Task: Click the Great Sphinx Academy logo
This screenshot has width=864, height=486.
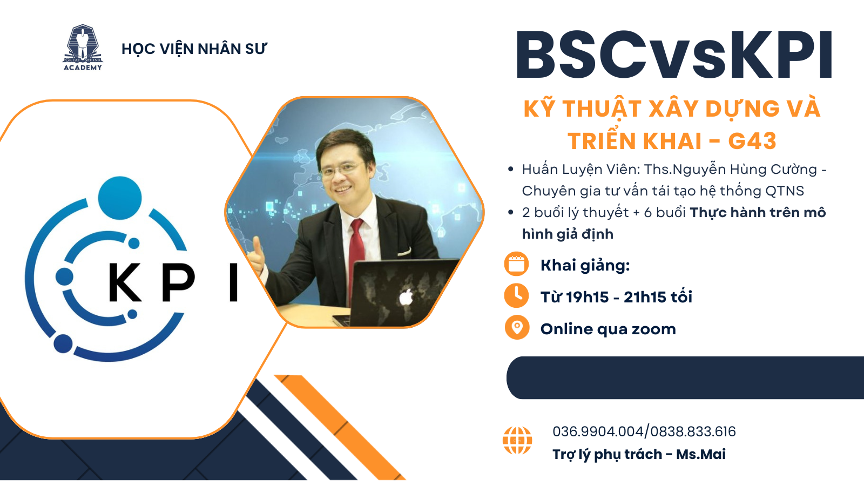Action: (x=83, y=48)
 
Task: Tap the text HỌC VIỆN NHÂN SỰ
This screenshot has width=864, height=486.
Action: (x=194, y=49)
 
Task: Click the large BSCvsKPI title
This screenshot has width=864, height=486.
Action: (x=674, y=55)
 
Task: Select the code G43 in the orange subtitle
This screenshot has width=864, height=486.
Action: (x=752, y=141)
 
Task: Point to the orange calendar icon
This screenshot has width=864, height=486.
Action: (x=516, y=264)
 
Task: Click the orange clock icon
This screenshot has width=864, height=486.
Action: (x=516, y=295)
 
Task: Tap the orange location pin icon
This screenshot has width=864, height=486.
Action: (x=517, y=327)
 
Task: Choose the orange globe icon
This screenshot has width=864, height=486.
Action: (x=517, y=440)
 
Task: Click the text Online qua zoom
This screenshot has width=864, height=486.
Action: (x=608, y=329)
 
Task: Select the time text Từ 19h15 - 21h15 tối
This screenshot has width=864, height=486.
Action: (x=616, y=297)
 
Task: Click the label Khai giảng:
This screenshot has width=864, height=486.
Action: (x=585, y=265)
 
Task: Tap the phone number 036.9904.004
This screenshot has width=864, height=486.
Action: (x=598, y=431)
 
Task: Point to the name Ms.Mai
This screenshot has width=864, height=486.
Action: (x=701, y=454)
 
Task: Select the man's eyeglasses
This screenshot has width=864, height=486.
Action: (x=342, y=169)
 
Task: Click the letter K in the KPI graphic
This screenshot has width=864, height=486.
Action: (x=125, y=281)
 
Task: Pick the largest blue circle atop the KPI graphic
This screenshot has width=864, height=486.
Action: (x=119, y=198)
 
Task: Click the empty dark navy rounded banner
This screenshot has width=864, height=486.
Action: (x=685, y=377)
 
